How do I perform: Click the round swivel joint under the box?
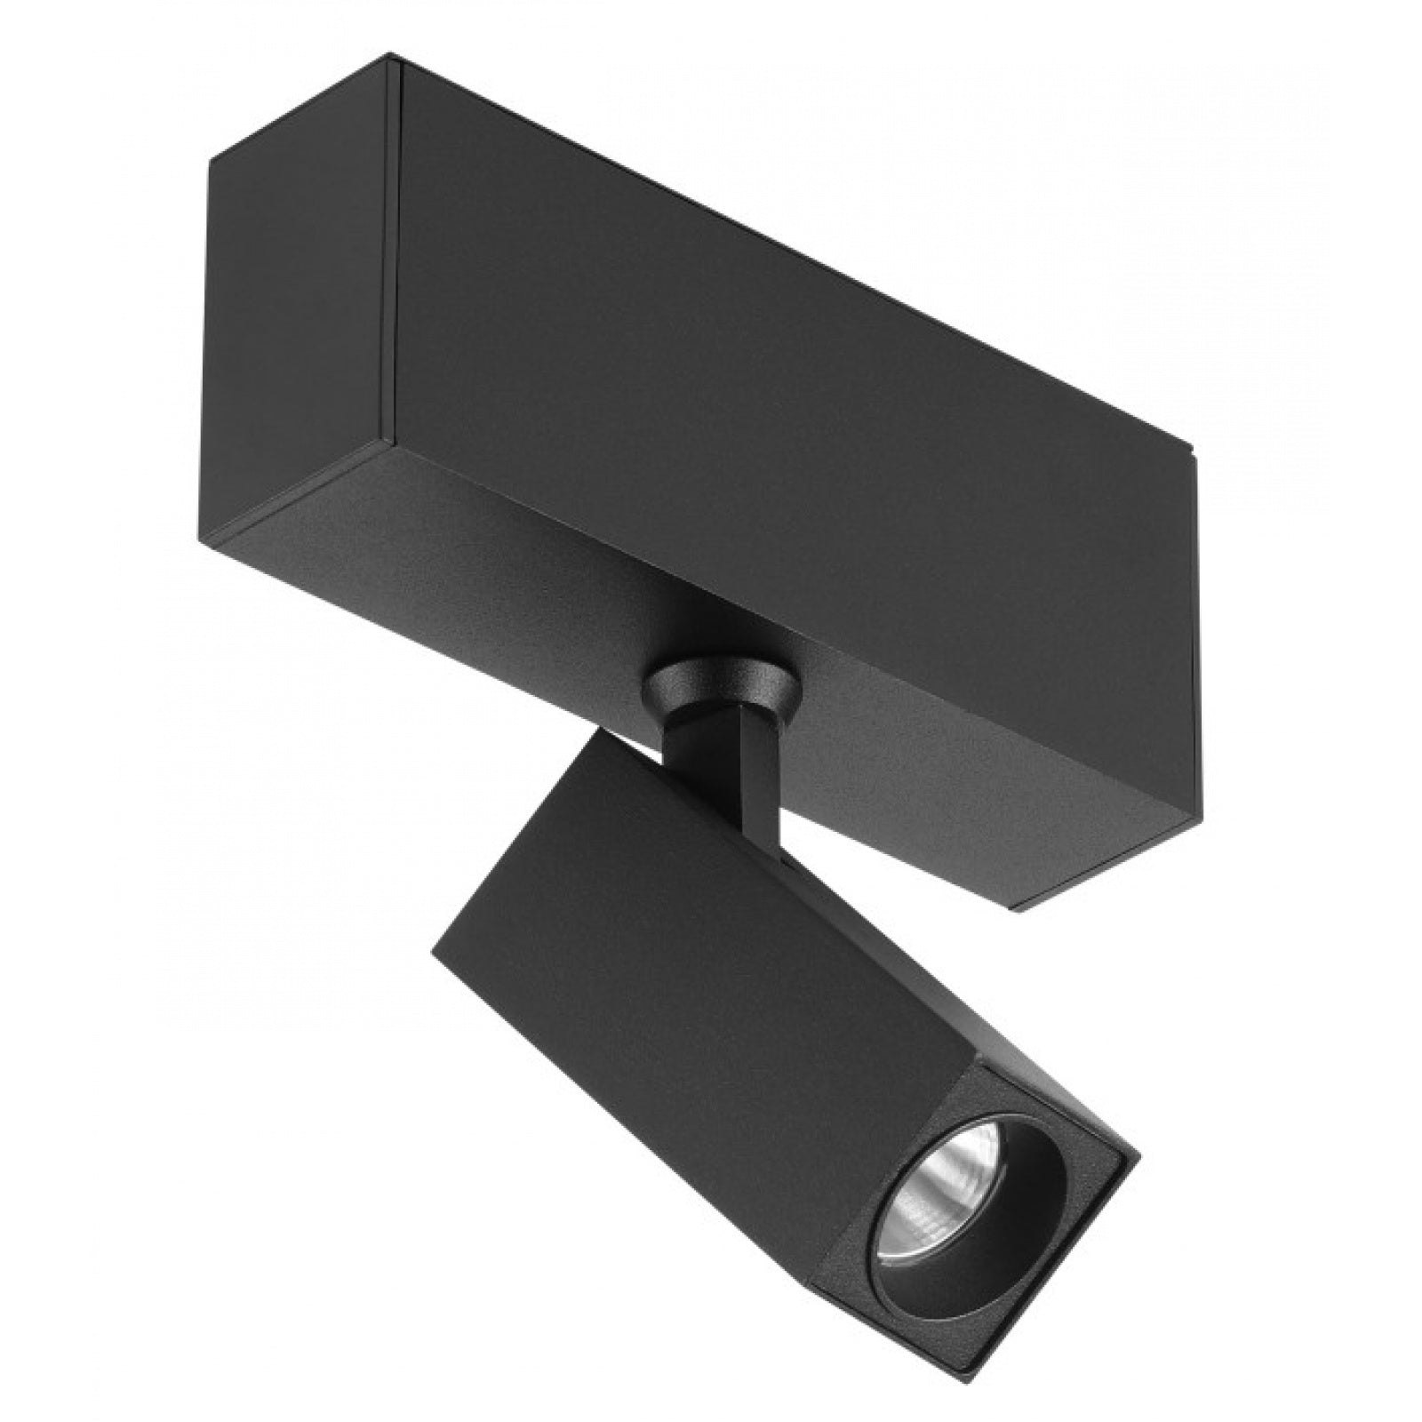[x=720, y=684]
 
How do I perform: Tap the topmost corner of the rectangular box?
[x=391, y=57]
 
